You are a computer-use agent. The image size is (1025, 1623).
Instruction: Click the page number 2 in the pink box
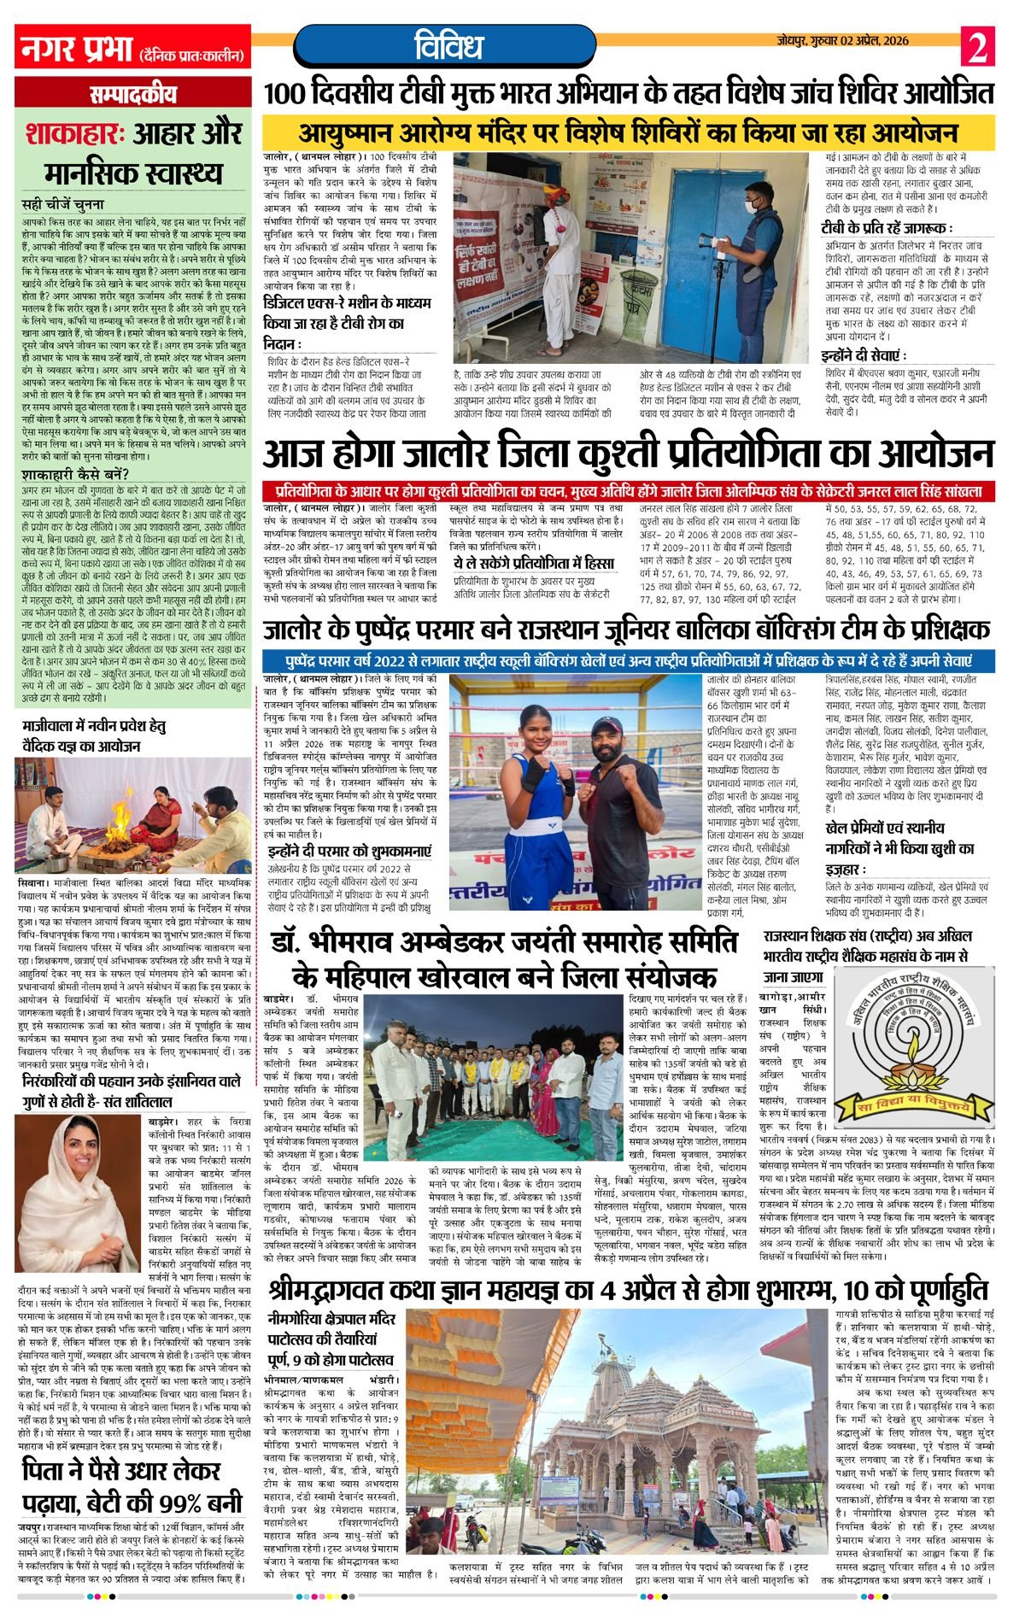pos(977,46)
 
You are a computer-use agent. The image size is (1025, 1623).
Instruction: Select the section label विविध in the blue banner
pos(449,45)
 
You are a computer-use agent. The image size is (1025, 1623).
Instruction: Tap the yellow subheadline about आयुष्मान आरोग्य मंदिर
pos(628,132)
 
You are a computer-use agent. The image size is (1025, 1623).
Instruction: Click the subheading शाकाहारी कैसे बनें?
pos(77,474)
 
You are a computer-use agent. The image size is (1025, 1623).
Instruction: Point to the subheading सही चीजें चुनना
pos(64,205)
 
